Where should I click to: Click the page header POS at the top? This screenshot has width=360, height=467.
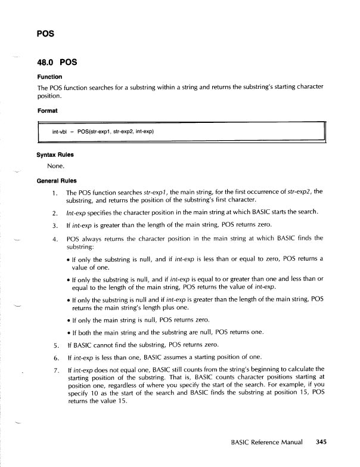[x=45, y=33]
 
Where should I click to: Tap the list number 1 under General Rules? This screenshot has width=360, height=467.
[x=53, y=193]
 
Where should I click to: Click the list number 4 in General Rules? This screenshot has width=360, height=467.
[x=53, y=238]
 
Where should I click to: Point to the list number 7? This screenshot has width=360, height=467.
[x=53, y=378]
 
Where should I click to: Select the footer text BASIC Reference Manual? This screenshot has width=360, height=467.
[x=267, y=443]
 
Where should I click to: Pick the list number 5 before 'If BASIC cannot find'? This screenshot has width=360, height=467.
[x=53, y=345]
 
